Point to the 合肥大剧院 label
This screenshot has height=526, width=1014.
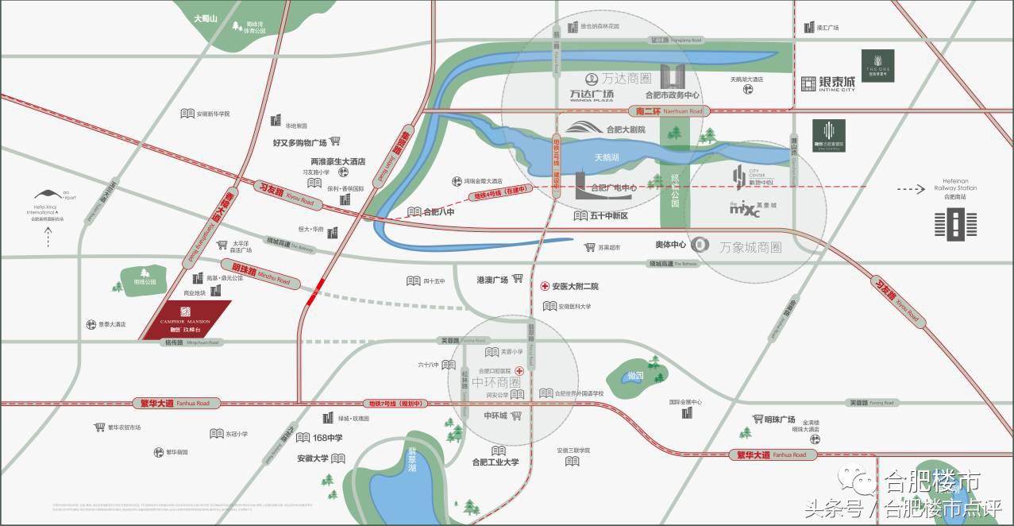pos(626,129)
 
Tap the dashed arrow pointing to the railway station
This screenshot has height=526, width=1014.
pos(909,189)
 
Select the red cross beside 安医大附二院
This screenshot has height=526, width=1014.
pos(546,286)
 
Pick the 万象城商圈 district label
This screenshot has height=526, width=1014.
pos(750,247)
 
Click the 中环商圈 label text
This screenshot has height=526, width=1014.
pos(495,382)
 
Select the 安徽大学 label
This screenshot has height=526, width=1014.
pos(313,458)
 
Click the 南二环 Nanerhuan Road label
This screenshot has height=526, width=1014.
pos(665,112)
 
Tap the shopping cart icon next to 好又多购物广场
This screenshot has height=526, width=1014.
pos(335,141)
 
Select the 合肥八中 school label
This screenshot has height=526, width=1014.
pos(438,212)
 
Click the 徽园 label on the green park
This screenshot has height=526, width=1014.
pos(634,375)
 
